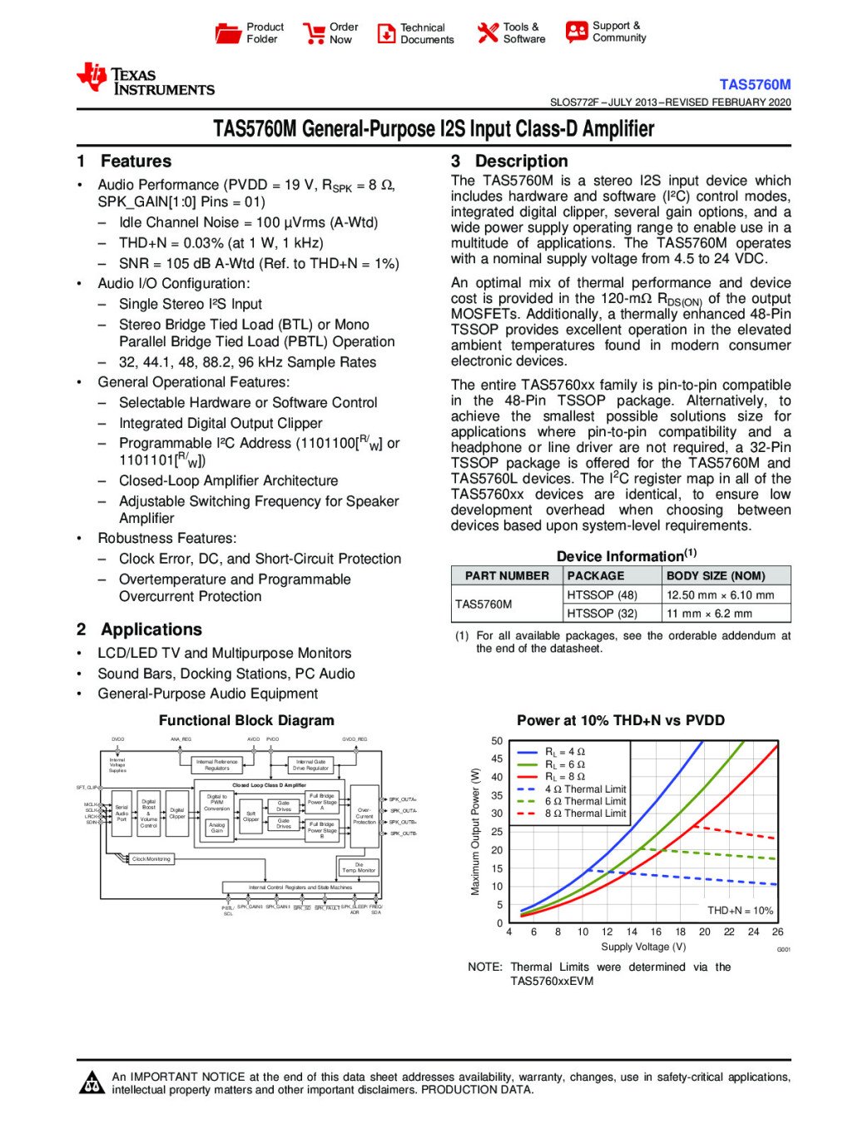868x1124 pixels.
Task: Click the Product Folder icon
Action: pyautogui.click(x=227, y=33)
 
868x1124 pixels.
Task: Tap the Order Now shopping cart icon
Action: pyautogui.click(x=314, y=33)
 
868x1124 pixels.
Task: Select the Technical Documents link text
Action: pyautogui.click(x=427, y=33)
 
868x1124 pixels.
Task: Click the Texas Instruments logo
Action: pyautogui.click(x=146, y=80)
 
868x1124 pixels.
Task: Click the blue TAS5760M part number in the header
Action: pyautogui.click(x=755, y=84)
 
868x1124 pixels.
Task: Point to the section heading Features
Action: pyautogui.click(x=136, y=162)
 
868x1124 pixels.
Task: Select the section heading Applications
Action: pyautogui.click(x=151, y=629)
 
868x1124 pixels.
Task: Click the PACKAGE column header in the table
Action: pyautogui.click(x=596, y=575)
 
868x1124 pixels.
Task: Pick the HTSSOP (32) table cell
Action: pyautogui.click(x=602, y=614)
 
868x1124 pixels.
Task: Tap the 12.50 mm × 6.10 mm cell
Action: pyautogui.click(x=720, y=595)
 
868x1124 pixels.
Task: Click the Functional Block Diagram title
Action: pyautogui.click(x=246, y=721)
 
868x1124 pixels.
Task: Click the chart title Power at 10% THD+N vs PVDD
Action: pyautogui.click(x=621, y=721)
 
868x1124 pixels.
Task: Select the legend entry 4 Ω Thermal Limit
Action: pyautogui.click(x=585, y=789)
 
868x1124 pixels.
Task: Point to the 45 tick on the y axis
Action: pyautogui.click(x=497, y=759)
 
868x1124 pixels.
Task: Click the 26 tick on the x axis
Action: pyautogui.click(x=777, y=933)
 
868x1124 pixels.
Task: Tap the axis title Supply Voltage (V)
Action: pyautogui.click(x=643, y=947)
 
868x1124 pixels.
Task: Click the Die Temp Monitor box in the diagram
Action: pyautogui.click(x=359, y=868)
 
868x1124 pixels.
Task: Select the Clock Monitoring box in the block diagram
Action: pyautogui.click(x=151, y=859)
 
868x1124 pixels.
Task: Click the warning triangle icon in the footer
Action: pyautogui.click(x=92, y=1082)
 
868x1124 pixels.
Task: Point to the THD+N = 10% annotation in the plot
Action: pyautogui.click(x=740, y=911)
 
